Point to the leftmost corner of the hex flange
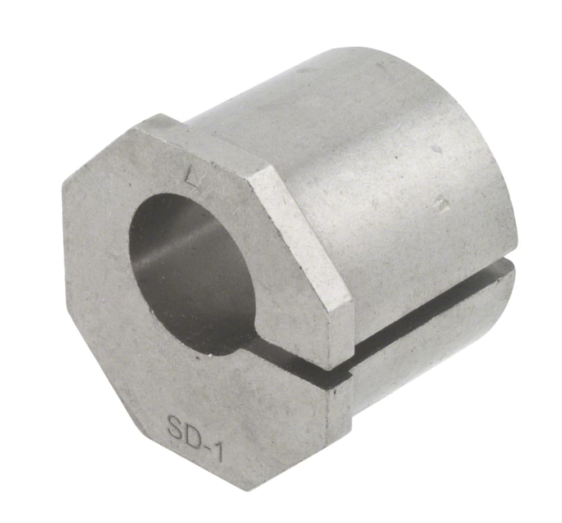[x=62, y=186]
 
